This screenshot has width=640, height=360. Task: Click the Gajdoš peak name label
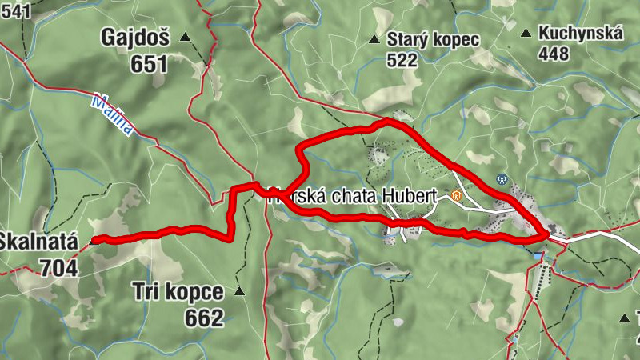(134, 37)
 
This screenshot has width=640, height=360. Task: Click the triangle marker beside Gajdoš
(186, 37)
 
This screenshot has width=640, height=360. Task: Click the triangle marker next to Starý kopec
(373, 39)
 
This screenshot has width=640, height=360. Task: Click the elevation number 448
(554, 54)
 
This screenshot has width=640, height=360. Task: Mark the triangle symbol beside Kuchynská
(526, 33)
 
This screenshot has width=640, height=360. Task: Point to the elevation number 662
(203, 318)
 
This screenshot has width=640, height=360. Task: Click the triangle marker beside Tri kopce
(239, 292)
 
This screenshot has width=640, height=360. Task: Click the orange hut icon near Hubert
(457, 194)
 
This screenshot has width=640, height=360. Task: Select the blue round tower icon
(502, 178)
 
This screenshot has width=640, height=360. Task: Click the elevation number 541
(16, 10)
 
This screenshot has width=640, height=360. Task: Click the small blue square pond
(538, 256)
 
